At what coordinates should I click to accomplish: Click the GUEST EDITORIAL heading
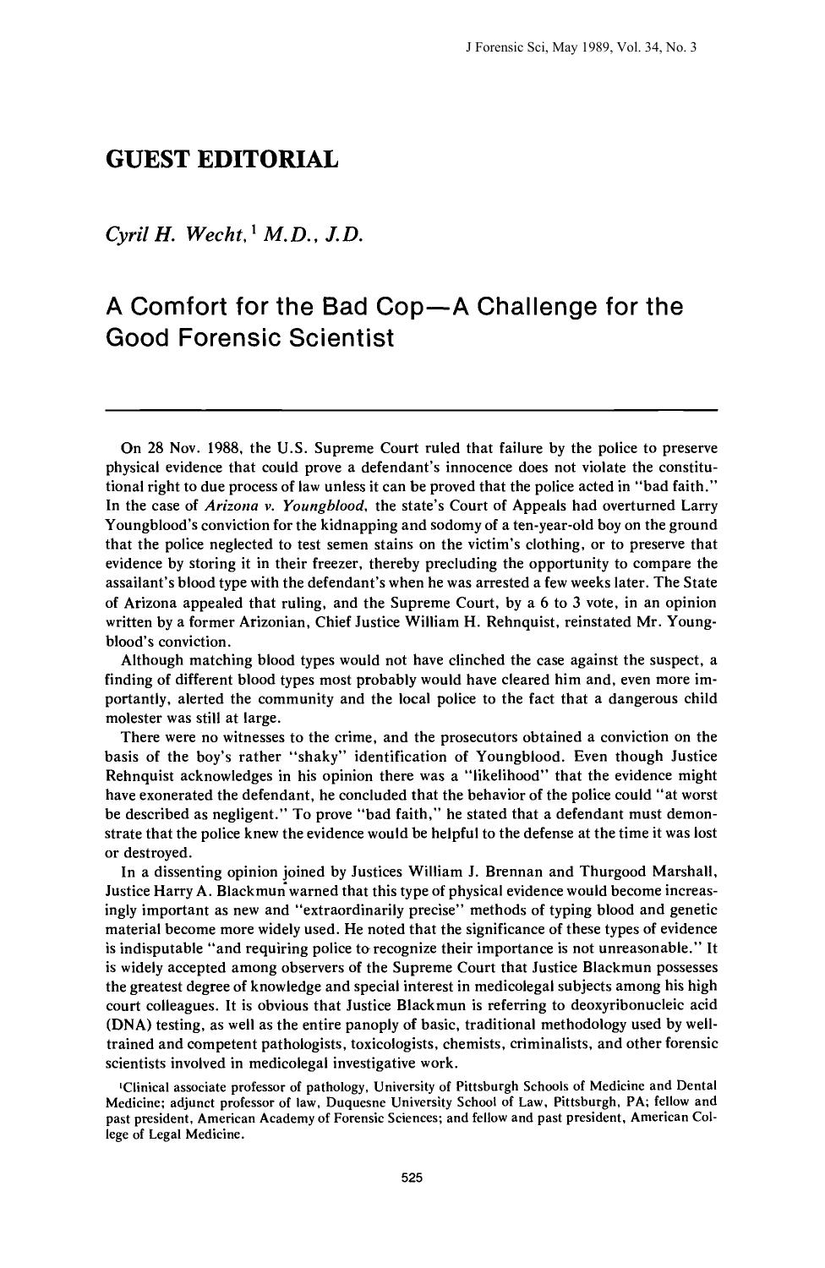coord(221,159)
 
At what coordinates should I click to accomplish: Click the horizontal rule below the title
coord(412,410)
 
